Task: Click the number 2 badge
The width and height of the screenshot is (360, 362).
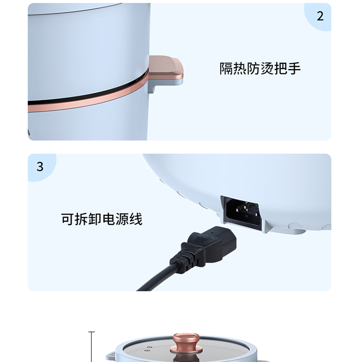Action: [x=320, y=16]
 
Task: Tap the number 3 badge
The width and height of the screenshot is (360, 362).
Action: [x=40, y=166]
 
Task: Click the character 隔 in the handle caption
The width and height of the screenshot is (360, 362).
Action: [x=226, y=69]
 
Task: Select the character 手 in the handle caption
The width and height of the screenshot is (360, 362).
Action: [x=294, y=69]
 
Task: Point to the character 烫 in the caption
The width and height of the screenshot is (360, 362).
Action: [x=267, y=69]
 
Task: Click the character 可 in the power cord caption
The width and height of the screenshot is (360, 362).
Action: [x=68, y=219]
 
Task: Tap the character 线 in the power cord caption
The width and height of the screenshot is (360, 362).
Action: [x=136, y=219]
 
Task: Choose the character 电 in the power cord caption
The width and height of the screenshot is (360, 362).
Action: [x=108, y=219]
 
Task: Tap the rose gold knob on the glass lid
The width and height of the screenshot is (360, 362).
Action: [x=187, y=343]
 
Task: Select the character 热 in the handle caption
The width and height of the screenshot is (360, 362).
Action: [x=240, y=69]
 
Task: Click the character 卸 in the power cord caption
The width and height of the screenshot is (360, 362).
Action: [x=95, y=219]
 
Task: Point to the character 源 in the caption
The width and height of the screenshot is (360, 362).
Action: [x=122, y=219]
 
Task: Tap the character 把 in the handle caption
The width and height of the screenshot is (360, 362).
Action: [x=280, y=69]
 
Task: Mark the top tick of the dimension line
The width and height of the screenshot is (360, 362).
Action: [x=92, y=332]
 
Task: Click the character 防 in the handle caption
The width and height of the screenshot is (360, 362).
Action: [x=253, y=69]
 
